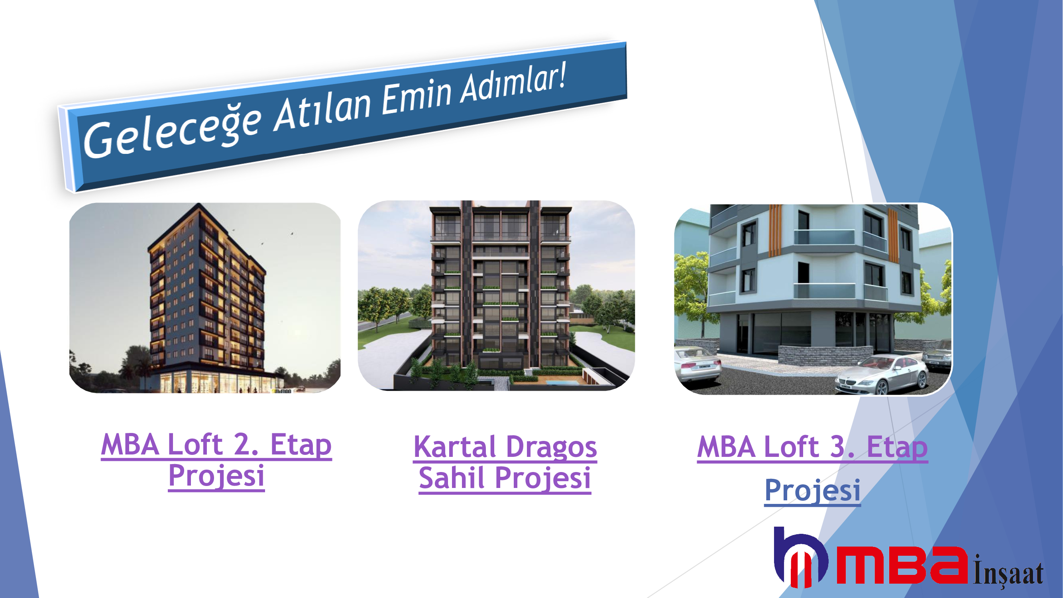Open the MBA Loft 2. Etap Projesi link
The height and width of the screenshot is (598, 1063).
pos(217,460)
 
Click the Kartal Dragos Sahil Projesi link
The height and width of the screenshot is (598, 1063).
pos(505,462)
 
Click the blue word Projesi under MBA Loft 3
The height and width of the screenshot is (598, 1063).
pos(813,491)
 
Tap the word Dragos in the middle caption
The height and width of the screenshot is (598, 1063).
pos(551,448)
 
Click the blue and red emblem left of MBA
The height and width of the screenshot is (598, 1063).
pos(801,557)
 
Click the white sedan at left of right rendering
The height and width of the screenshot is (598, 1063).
pos(698,365)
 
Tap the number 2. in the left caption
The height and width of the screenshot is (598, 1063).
pos(246,445)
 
